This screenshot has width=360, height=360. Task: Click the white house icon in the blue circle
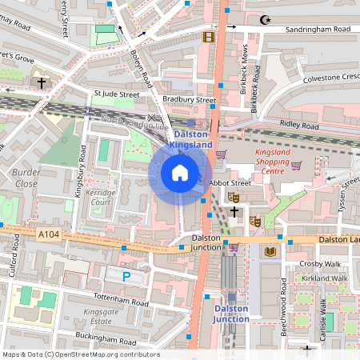pyautogui.click(x=180, y=172)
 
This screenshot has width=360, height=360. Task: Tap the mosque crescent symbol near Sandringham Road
pyautogui.click(x=266, y=18)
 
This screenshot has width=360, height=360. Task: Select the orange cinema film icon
pyautogui.click(x=209, y=37)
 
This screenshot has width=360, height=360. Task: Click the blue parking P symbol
pyautogui.click(x=126, y=276)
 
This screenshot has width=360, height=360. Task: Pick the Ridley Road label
pyautogui.click(x=298, y=126)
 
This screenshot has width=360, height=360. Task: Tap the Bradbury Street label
pyautogui.click(x=189, y=100)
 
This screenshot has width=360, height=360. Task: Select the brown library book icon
pyautogui.click(x=270, y=251)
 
